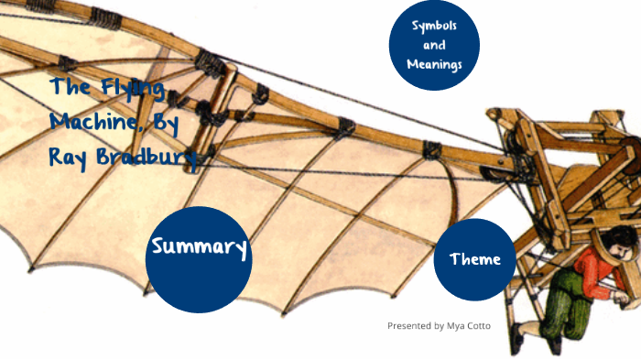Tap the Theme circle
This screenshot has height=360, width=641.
point(474,260)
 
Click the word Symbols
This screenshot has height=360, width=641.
point(434,25)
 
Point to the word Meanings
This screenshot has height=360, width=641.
point(435,64)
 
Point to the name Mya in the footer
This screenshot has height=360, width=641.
point(461,326)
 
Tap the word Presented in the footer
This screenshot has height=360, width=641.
point(408,326)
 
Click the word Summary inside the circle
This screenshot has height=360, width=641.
point(199,246)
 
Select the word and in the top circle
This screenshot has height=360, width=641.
point(434,44)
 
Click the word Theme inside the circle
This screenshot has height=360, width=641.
point(474,260)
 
